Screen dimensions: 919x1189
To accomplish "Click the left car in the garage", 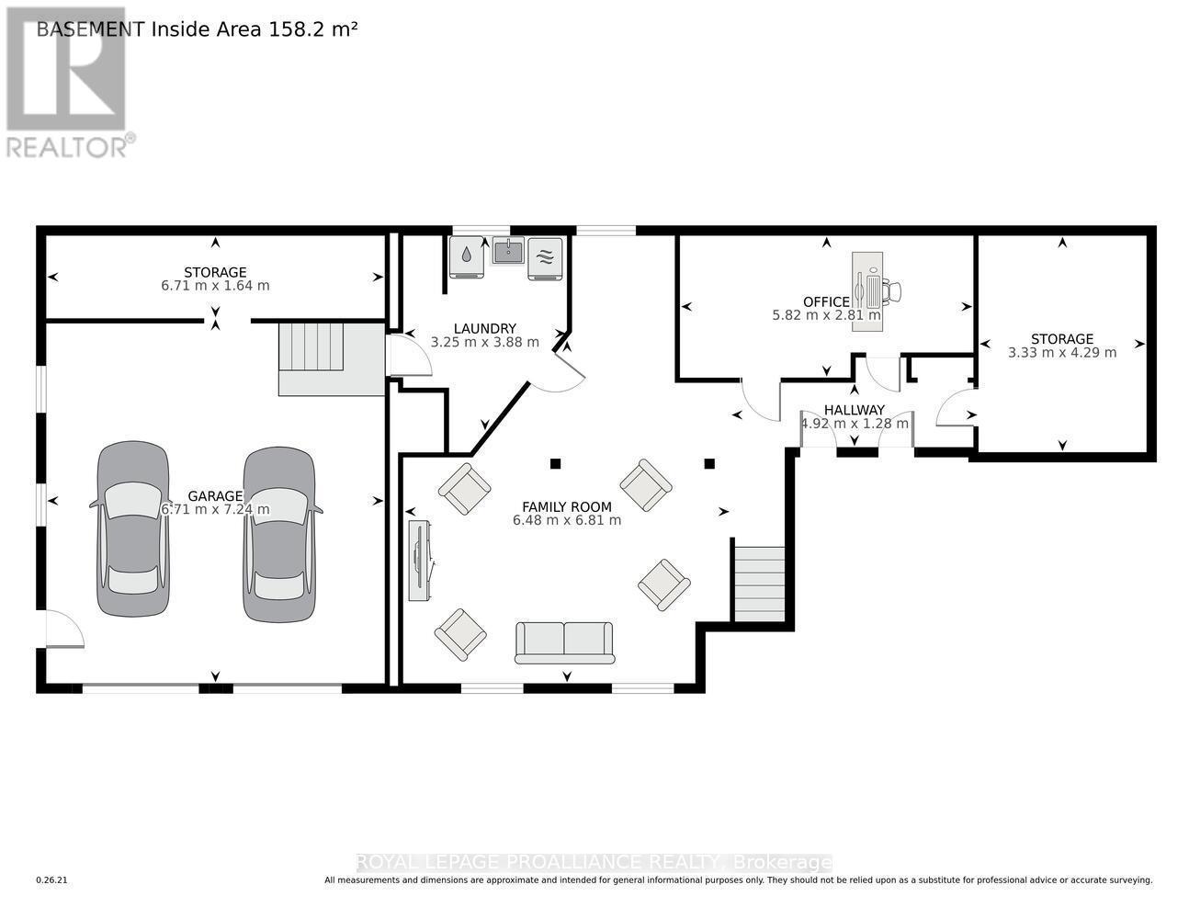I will click(x=132, y=528).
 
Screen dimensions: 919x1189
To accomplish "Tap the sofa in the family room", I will click(x=564, y=642).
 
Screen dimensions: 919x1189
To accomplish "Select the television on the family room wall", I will click(x=421, y=561).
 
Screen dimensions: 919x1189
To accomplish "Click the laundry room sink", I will click(x=508, y=250).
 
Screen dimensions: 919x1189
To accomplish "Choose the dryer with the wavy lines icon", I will click(x=545, y=257).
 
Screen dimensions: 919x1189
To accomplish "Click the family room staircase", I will click(x=760, y=584).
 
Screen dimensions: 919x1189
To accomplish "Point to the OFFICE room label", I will click(x=826, y=302).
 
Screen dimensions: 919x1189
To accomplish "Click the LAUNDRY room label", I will click(x=484, y=328).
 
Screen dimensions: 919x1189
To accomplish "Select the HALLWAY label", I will click(x=854, y=410).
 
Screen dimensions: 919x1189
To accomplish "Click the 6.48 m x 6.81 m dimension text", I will click(x=567, y=520).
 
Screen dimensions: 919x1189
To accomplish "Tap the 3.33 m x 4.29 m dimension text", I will click(x=1062, y=352).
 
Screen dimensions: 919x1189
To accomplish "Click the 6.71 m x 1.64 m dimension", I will click(x=215, y=286).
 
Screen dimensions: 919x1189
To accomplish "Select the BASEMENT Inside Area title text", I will click(x=196, y=28).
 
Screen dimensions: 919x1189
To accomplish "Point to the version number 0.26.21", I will click(x=52, y=880).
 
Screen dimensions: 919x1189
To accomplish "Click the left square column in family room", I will click(x=555, y=463).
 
